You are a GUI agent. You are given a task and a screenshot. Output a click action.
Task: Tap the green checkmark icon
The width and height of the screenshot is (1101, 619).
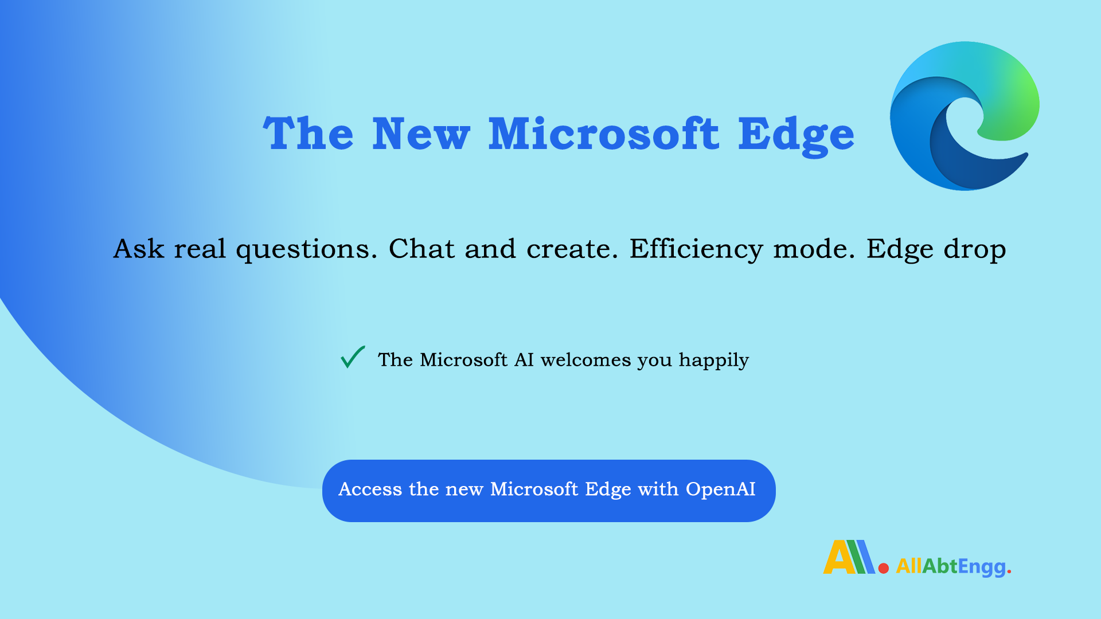352,357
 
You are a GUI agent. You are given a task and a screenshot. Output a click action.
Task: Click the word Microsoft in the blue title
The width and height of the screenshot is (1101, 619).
603,134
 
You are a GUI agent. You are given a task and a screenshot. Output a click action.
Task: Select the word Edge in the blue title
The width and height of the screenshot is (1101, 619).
796,135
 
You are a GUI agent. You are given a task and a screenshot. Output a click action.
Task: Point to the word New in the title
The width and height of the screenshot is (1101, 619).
421,134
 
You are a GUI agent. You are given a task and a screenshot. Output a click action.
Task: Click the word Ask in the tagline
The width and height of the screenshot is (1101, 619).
139,249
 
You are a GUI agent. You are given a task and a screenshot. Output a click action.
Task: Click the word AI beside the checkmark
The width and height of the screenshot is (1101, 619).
524,360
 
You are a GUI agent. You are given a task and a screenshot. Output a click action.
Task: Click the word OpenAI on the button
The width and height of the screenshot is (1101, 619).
720,489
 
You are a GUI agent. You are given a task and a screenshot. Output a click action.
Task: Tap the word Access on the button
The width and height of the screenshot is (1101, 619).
370,489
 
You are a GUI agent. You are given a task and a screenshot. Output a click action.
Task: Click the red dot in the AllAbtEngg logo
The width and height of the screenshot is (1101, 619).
884,568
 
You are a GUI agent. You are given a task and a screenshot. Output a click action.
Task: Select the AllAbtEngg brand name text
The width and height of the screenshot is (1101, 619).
952,567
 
